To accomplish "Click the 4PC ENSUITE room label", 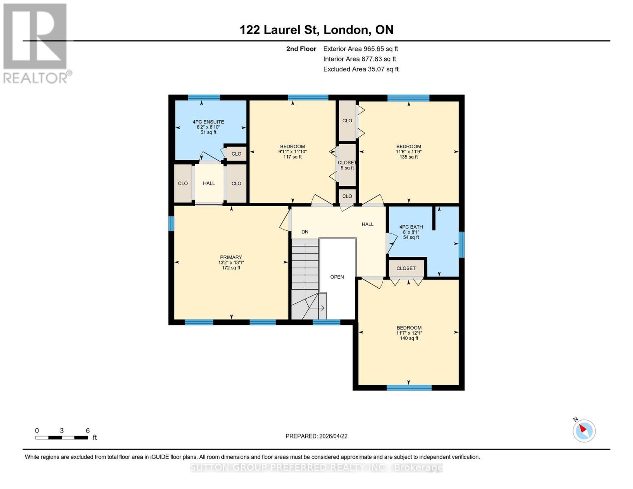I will (x=208, y=127).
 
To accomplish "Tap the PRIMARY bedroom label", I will (x=231, y=262).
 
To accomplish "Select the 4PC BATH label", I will (x=411, y=232).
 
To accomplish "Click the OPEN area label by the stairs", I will (x=337, y=277).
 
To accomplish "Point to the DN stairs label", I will (x=305, y=232).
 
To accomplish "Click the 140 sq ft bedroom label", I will (x=409, y=333).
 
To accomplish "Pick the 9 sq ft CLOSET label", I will (x=347, y=165).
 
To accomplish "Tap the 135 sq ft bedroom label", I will (x=409, y=152).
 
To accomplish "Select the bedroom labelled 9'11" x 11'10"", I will (x=292, y=152).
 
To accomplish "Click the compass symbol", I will (x=584, y=431).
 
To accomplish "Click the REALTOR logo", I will (x=36, y=43).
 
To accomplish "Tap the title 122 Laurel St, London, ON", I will (x=316, y=30).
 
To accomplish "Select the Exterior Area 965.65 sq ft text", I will (x=360, y=49).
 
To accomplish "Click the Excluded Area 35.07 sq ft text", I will (x=361, y=69).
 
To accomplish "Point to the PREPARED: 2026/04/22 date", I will (x=316, y=436).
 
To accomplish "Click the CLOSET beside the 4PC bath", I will (x=406, y=268).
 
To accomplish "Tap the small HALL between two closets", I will (x=209, y=183).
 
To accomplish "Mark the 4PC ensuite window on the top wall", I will (x=203, y=97).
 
